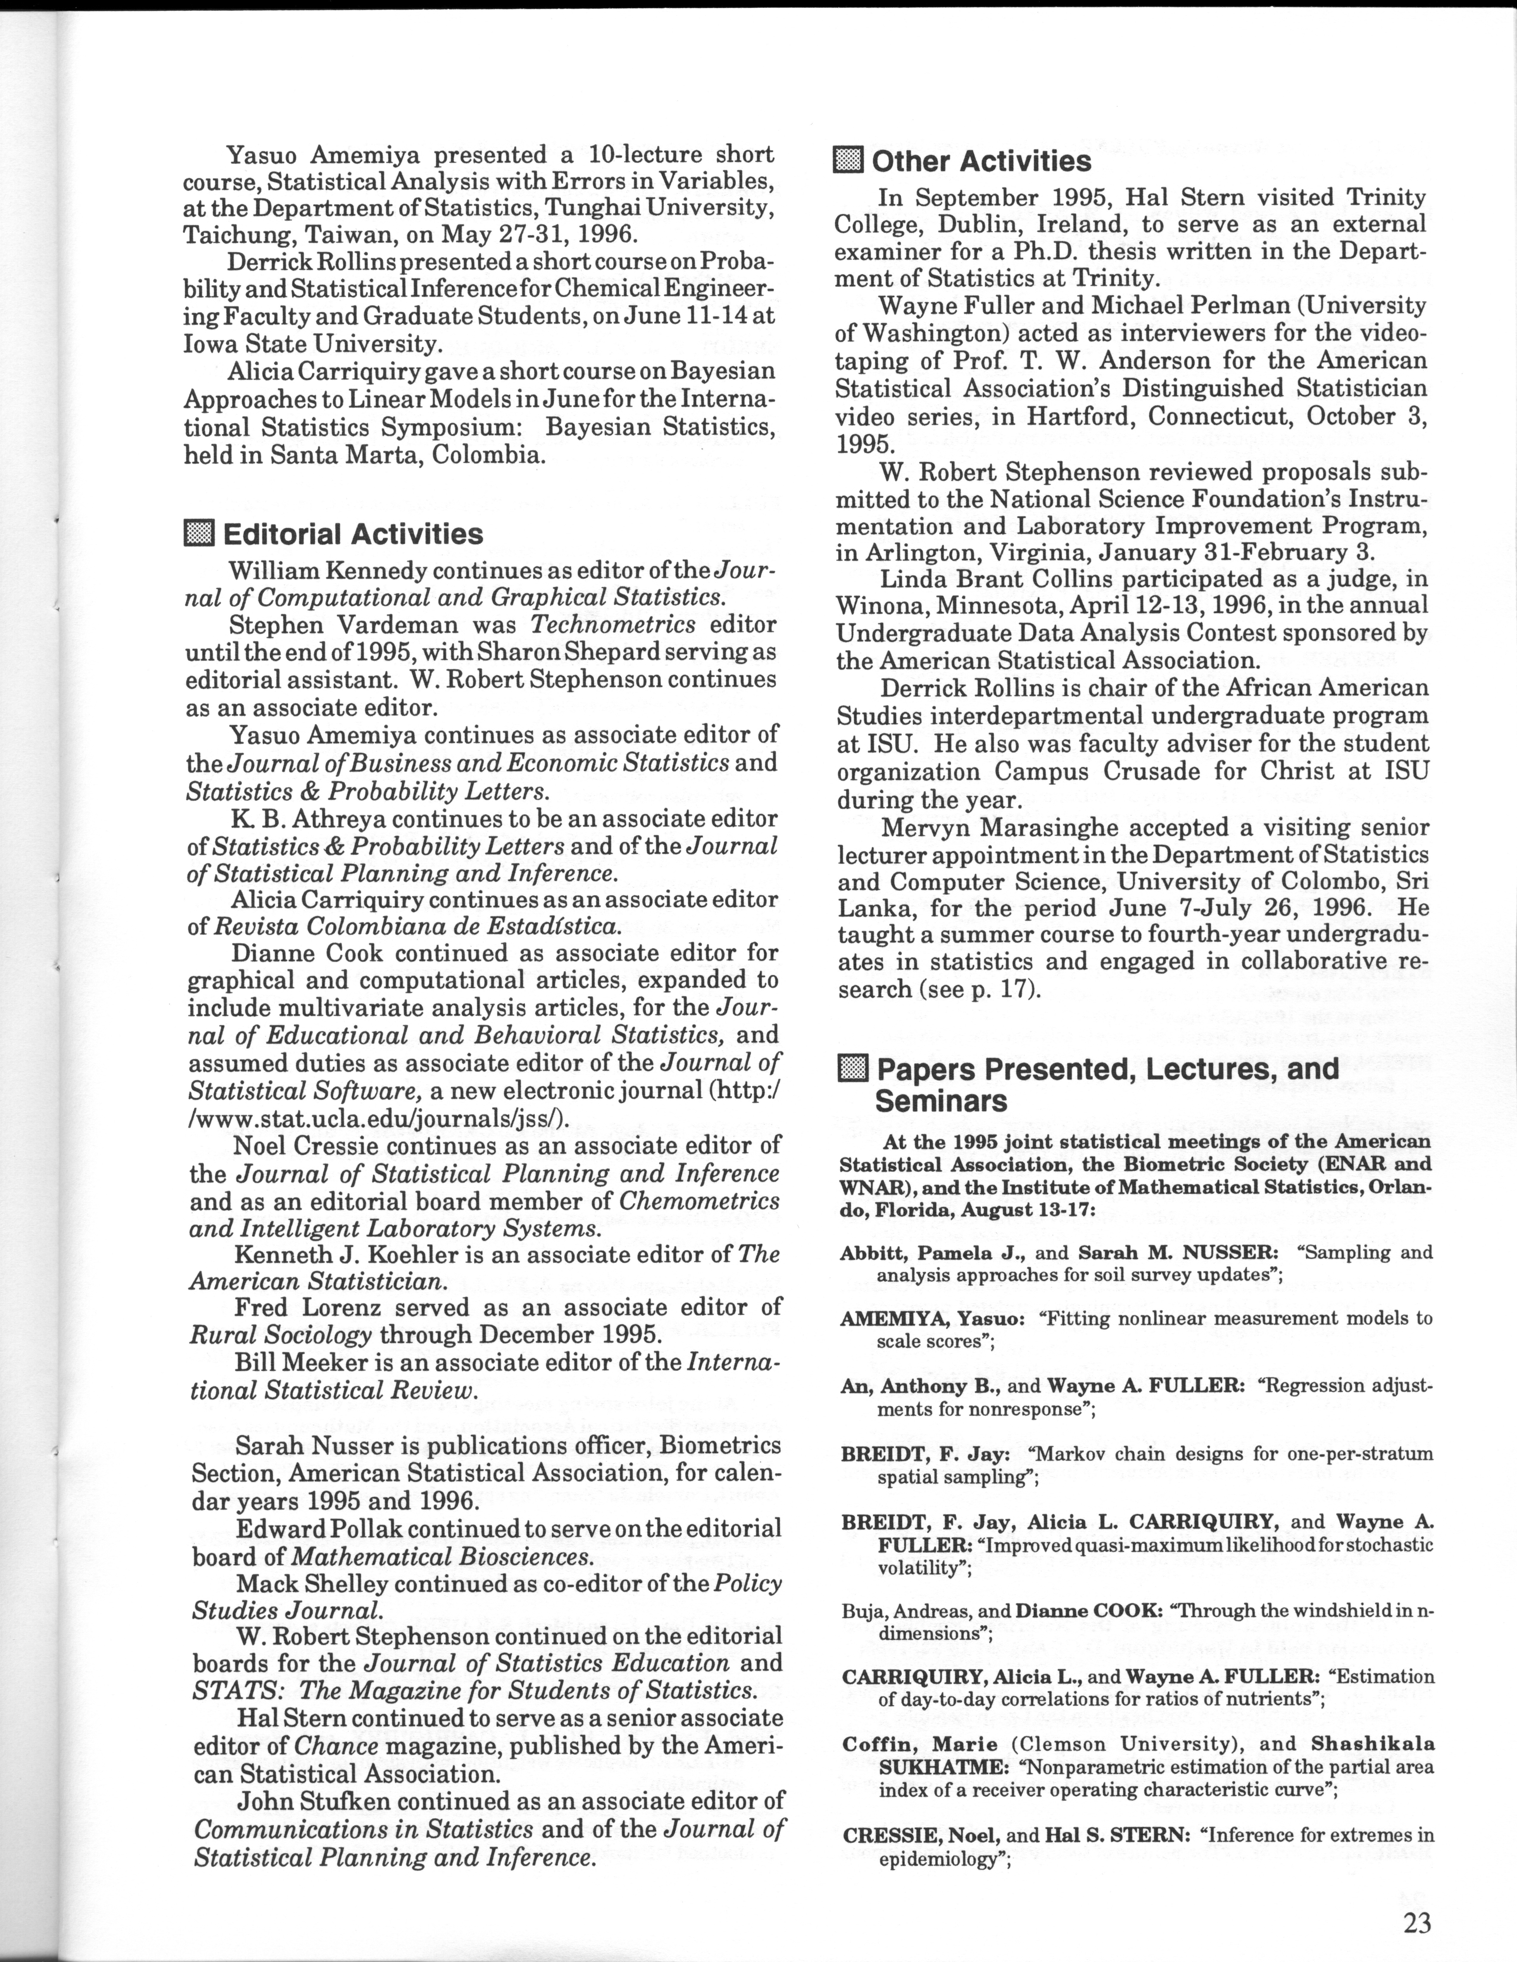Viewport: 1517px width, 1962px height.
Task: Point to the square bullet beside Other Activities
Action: click(x=848, y=161)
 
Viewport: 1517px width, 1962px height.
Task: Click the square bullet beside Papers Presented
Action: click(x=852, y=1069)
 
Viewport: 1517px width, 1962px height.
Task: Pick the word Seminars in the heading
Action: click(x=941, y=1101)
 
